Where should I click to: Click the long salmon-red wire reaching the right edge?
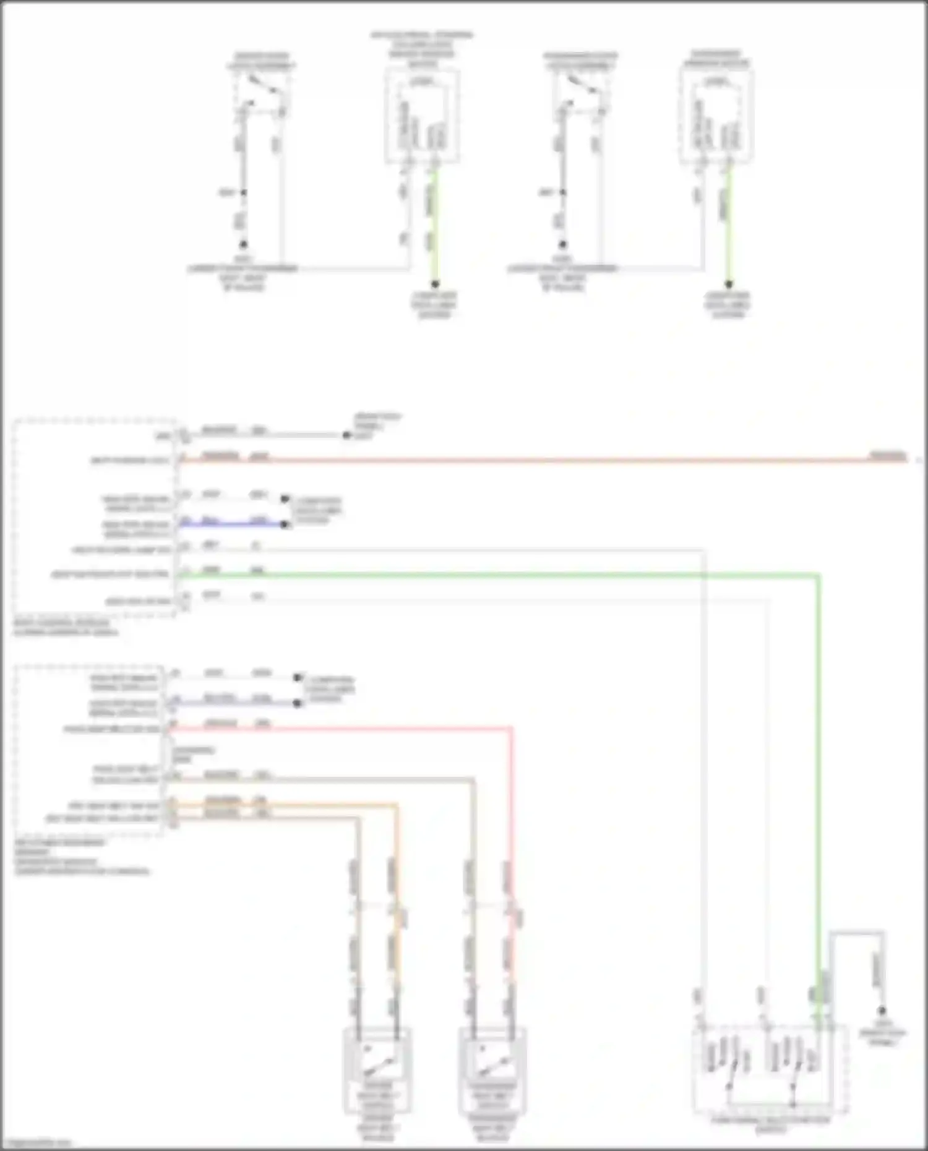pos(557,460)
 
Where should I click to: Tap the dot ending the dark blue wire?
pos(285,525)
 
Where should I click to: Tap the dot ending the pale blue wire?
pos(298,703)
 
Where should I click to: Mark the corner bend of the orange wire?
pos(396,806)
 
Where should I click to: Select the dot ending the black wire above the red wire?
pos(346,435)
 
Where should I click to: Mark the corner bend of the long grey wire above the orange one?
pos(473,781)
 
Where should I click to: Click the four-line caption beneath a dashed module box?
pos(80,857)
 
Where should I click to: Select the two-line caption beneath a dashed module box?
pos(65,628)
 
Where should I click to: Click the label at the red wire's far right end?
pos(888,456)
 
